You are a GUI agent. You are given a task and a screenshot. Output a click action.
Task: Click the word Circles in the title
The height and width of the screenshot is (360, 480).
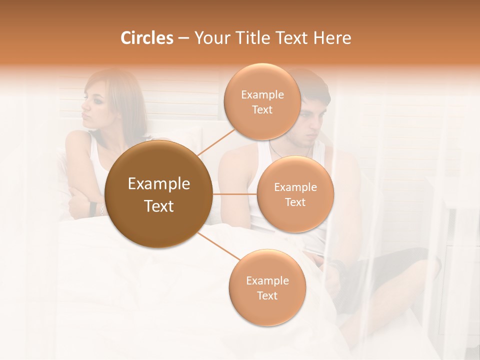147,38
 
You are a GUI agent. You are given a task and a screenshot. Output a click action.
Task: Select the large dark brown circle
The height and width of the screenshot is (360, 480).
159,194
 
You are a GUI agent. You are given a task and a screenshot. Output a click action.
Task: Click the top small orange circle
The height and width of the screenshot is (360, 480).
262,101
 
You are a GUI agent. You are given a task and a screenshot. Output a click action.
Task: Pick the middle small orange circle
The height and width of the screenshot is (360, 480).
295,194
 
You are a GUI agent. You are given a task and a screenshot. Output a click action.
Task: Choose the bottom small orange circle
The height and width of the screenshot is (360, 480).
267,287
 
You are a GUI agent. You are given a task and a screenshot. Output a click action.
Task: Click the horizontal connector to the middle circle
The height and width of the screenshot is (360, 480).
235,194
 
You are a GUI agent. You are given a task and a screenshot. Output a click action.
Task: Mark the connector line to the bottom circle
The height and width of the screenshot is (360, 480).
219,247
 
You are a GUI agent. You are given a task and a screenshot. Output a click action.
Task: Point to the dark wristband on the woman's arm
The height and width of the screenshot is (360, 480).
92,207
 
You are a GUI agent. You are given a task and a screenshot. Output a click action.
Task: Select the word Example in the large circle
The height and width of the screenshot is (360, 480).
159,184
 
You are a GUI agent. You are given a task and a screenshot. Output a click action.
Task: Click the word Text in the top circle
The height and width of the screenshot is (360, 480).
262,109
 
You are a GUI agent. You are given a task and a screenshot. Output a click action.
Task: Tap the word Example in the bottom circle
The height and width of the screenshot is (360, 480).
267,280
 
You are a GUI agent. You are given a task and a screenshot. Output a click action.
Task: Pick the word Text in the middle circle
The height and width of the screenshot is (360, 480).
295,202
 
